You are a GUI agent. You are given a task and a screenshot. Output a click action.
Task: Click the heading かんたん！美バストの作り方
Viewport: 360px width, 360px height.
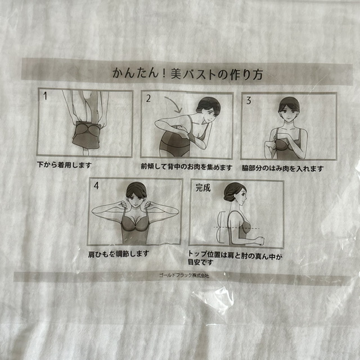[x=187, y=73]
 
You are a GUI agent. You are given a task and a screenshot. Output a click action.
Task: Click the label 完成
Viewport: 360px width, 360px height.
[x=202, y=188]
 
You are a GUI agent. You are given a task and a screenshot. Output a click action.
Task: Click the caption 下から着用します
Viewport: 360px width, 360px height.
[x=64, y=165]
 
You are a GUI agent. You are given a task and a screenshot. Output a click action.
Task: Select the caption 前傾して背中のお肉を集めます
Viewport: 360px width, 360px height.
[x=186, y=166]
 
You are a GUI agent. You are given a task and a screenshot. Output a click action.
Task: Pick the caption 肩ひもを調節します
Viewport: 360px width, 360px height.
[x=119, y=253]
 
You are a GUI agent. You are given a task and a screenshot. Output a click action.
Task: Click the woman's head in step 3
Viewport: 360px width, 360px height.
[x=289, y=106]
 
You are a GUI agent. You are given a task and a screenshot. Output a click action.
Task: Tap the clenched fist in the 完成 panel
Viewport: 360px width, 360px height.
[x=259, y=241]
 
